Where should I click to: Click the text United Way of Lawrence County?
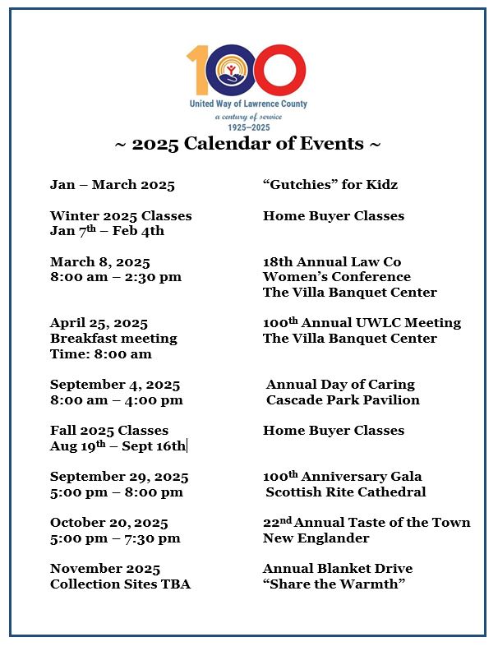(248, 104)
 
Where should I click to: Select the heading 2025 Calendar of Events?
(247, 144)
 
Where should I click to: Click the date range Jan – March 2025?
(112, 185)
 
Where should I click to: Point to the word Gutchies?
(300, 185)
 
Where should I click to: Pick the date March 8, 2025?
(99, 262)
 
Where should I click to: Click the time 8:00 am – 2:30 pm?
(115, 277)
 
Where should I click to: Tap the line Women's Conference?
(336, 277)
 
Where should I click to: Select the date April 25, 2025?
(99, 323)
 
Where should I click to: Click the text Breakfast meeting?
(113, 339)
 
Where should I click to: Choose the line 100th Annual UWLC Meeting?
(362, 323)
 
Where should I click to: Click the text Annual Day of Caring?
(340, 385)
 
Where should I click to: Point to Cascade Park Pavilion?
(343, 400)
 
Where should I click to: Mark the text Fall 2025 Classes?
(108, 431)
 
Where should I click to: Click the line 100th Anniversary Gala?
(342, 477)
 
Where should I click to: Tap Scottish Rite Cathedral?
(345, 492)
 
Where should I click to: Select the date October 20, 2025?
(108, 523)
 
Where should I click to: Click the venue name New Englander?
(316, 538)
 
